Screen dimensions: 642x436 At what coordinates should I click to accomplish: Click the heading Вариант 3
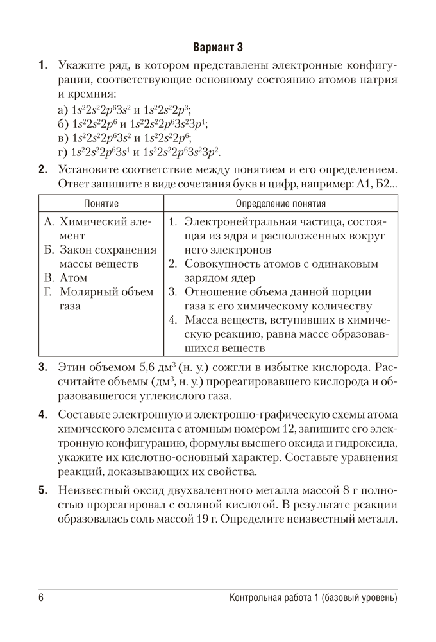coord(218,47)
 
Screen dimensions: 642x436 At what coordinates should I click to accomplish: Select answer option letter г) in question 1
coord(63,152)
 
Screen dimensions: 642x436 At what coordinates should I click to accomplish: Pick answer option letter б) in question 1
coord(63,124)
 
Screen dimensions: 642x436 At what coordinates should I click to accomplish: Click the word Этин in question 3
coord(71,368)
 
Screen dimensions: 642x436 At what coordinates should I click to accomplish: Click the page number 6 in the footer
coord(41,598)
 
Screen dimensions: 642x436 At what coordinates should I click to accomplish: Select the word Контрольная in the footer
coord(261,598)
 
